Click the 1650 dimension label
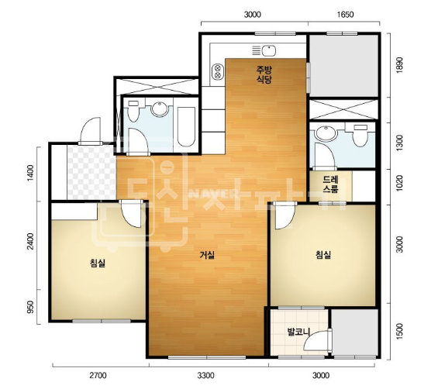pyautogui.click(x=345, y=14)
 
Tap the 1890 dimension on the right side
pyautogui.click(x=399, y=64)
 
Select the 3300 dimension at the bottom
pyautogui.click(x=205, y=375)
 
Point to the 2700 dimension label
pyautogui.click(x=98, y=375)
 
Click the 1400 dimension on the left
pyautogui.click(x=30, y=173)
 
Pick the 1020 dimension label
pyautogui.click(x=399, y=183)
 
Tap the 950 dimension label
pyautogui.click(x=30, y=307)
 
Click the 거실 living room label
pyautogui.click(x=207, y=256)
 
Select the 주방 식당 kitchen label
pyautogui.click(x=264, y=74)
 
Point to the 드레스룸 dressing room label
pyautogui.click(x=330, y=184)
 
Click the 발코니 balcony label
pyautogui.click(x=298, y=332)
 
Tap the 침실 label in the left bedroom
pyautogui.click(x=98, y=263)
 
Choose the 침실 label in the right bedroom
pyautogui.click(x=323, y=255)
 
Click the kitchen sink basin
pyautogui.click(x=268, y=50)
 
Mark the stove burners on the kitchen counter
pyautogui.click(x=218, y=71)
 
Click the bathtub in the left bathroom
pyautogui.click(x=186, y=126)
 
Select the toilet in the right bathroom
pyautogui.click(x=360, y=135)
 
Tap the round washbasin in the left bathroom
pyautogui.click(x=160, y=108)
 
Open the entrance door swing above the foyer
pyautogui.click(x=91, y=129)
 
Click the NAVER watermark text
pyautogui.click(x=213, y=194)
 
